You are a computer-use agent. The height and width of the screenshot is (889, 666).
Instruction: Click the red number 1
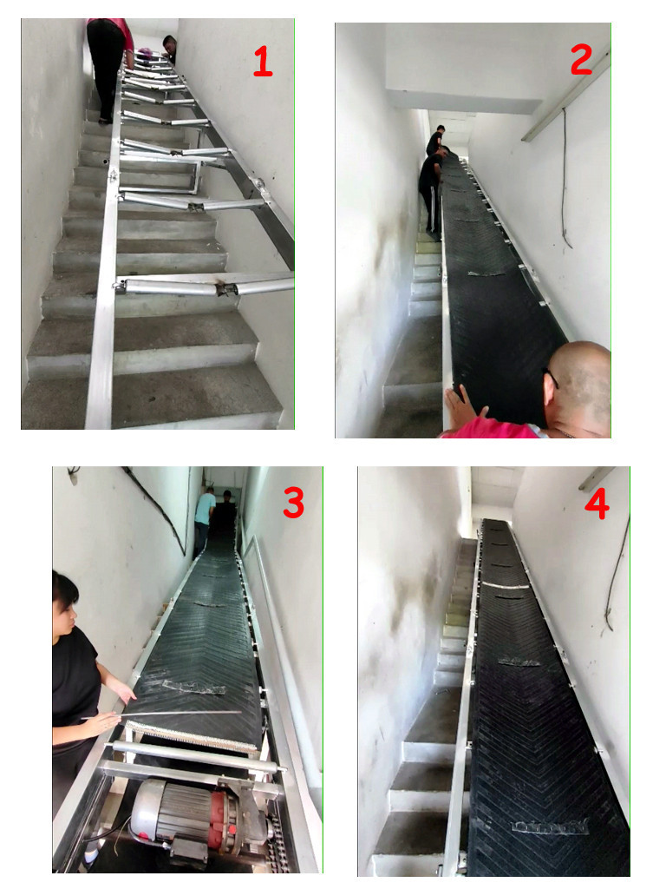[263, 62]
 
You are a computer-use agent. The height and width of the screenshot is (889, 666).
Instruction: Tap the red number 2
[581, 60]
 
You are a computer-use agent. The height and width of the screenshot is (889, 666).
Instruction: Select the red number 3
[293, 503]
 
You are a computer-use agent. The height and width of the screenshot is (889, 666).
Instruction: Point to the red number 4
[597, 504]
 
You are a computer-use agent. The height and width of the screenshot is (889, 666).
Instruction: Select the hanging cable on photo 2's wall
[565, 179]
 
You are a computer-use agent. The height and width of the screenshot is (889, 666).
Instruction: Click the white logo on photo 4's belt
[549, 826]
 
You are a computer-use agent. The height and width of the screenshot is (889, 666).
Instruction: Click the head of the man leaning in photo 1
[169, 43]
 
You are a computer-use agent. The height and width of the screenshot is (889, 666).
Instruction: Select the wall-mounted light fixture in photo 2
[566, 95]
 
